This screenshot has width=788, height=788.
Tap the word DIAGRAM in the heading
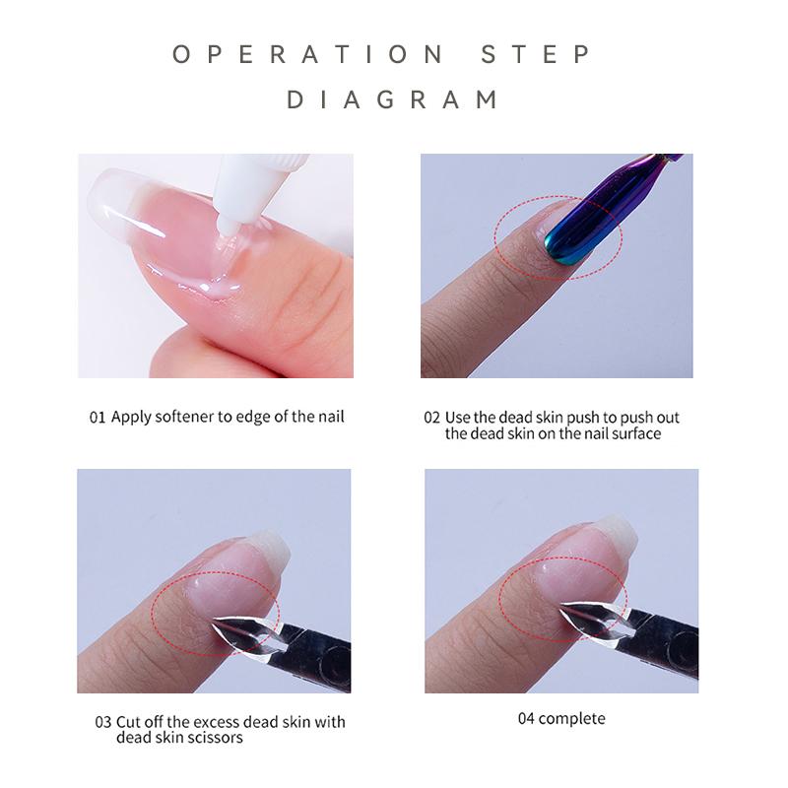[x=393, y=99]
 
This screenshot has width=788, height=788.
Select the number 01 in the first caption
[x=97, y=417]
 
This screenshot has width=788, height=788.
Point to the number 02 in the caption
[x=432, y=418]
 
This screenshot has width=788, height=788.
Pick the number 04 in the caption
[x=526, y=718]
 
